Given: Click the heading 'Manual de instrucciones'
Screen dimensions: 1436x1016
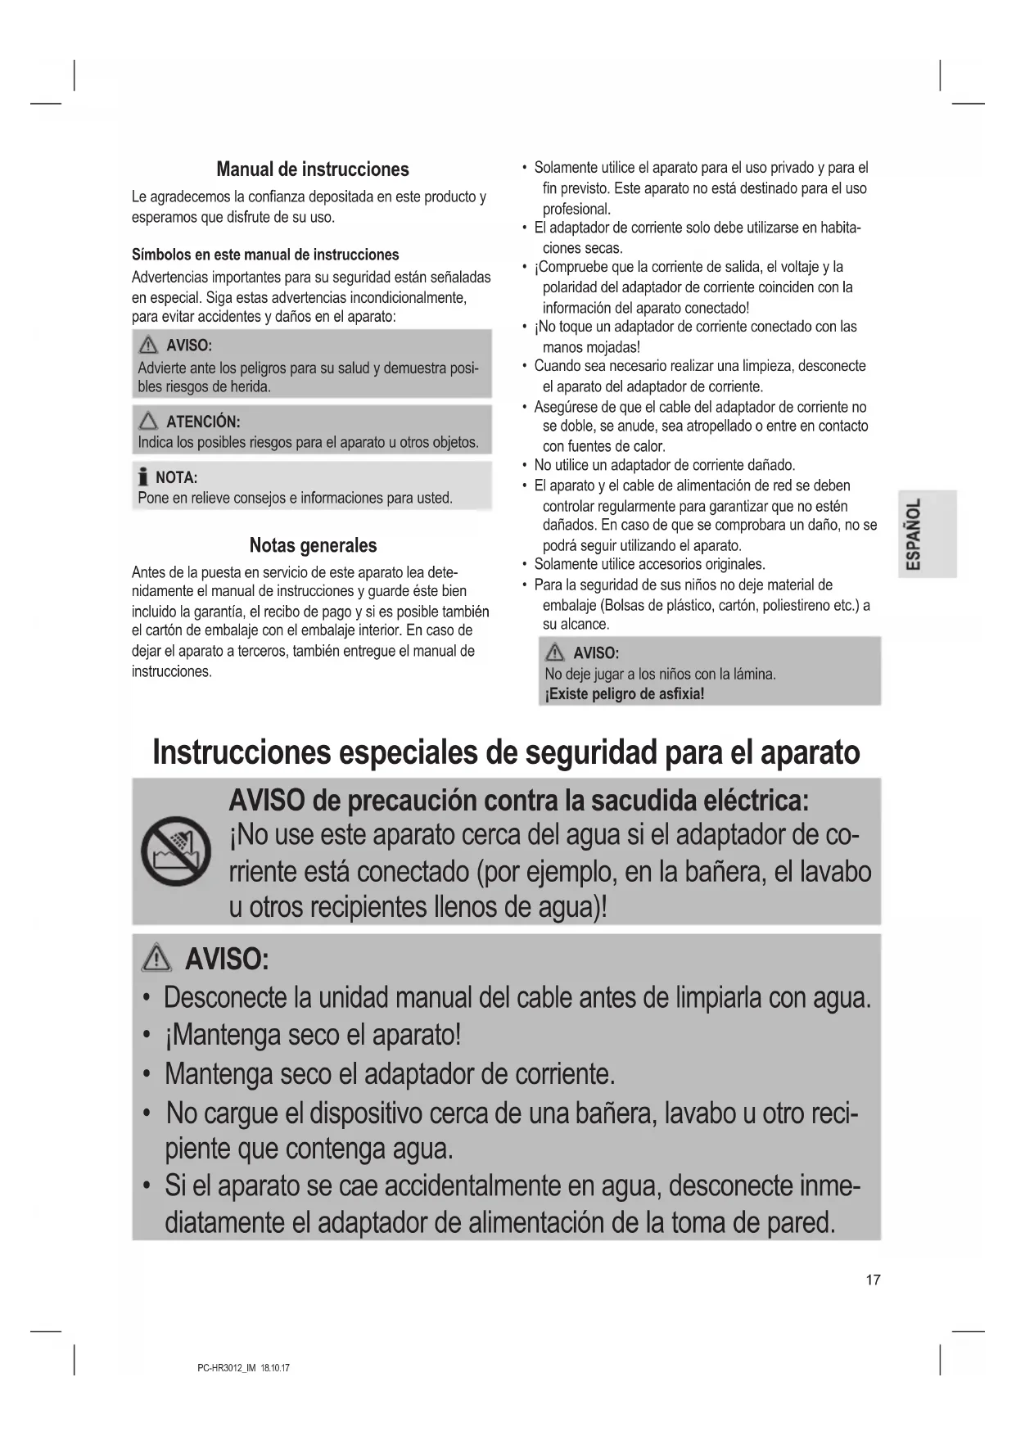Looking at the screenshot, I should click(x=312, y=169).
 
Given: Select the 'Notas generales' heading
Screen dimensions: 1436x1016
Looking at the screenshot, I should click(x=313, y=545).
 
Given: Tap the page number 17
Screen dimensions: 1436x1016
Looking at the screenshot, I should click(x=873, y=1280).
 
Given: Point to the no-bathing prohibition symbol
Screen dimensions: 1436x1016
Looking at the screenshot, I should click(x=175, y=852).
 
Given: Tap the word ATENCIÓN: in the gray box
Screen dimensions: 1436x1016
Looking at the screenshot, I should click(x=203, y=422).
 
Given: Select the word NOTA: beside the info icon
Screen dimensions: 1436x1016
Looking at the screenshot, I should click(x=176, y=477).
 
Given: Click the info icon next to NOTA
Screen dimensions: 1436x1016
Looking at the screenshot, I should click(x=143, y=476).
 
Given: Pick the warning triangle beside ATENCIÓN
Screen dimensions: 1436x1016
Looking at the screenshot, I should click(x=148, y=422).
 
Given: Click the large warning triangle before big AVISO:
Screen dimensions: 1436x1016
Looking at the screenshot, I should click(x=156, y=958).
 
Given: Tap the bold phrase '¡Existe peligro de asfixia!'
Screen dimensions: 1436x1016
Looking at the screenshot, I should click(x=625, y=694).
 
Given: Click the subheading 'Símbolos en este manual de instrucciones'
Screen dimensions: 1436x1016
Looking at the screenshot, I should click(x=265, y=255).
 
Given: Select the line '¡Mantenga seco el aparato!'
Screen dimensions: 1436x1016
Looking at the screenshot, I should click(x=312, y=1035).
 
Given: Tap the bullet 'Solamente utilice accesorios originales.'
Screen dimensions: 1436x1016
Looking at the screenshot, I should click(x=649, y=564).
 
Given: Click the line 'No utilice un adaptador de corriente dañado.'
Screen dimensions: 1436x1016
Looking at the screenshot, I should click(x=664, y=465).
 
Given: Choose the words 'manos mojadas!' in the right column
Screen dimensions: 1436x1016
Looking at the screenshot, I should click(x=590, y=347).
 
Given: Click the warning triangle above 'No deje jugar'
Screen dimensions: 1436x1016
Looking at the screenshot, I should click(x=555, y=653).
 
